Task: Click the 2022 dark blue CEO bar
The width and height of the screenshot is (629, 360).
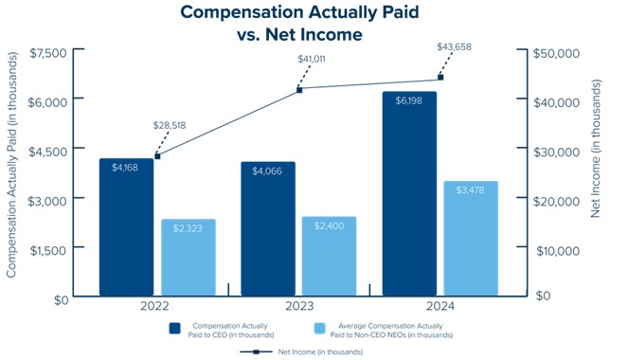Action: [126, 227]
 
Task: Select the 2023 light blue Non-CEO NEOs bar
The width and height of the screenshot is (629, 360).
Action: [329, 257]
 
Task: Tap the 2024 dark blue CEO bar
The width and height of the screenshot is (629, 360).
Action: [409, 194]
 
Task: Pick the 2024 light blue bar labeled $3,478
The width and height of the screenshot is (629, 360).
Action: [471, 239]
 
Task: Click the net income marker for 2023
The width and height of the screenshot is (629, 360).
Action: [299, 90]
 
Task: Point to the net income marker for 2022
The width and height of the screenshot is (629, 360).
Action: [157, 156]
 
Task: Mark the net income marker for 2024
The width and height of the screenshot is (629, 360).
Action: [440, 78]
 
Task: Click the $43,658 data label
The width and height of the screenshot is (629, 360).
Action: [454, 47]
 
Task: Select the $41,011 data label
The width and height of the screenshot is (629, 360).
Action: [312, 60]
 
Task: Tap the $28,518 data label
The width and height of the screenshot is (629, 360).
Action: [170, 126]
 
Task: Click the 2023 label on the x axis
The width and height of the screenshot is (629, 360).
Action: [299, 307]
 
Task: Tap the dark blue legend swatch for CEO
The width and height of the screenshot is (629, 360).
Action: [175, 329]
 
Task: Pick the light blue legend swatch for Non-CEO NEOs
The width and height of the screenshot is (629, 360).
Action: [320, 329]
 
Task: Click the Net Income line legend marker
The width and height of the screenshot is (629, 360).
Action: [256, 352]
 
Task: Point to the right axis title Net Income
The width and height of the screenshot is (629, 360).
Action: [595, 149]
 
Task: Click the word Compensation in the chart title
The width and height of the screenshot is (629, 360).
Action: [241, 12]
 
